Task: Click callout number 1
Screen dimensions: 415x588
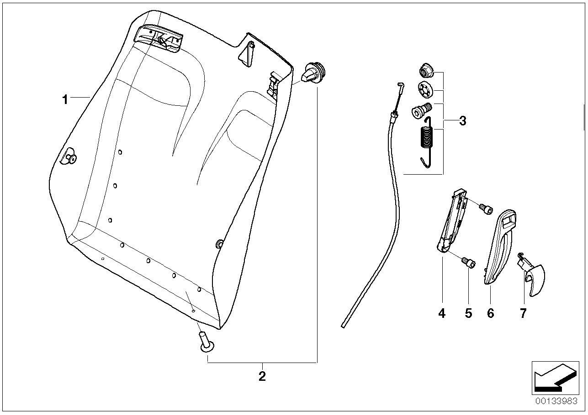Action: tap(65, 99)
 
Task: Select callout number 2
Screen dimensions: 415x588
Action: tap(262, 377)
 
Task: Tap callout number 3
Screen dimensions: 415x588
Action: tap(462, 121)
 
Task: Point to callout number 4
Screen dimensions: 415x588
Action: tap(441, 313)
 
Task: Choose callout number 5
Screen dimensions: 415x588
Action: tap(468, 313)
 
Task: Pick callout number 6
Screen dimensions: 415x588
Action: tap(490, 313)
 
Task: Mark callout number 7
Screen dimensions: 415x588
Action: tap(523, 313)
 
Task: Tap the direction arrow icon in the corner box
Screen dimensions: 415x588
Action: tap(554, 378)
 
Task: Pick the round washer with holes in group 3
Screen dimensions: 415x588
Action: tap(425, 89)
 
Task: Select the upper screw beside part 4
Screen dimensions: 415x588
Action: tap(486, 209)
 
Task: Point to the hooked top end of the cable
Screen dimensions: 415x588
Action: tap(401, 87)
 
